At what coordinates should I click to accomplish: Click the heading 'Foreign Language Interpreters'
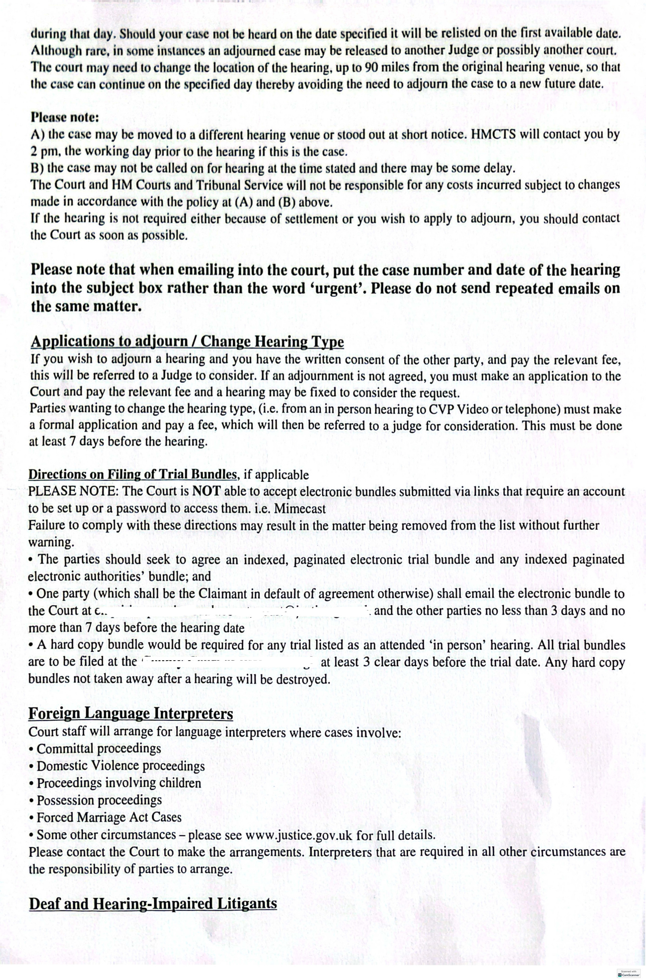[130, 714]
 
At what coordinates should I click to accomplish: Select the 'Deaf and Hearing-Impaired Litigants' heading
[153, 904]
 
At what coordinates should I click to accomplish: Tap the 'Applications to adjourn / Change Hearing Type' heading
[187, 342]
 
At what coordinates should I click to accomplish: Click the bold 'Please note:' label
[65, 118]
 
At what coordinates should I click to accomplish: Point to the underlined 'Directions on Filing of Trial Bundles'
[133, 474]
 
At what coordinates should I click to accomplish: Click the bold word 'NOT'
[208, 491]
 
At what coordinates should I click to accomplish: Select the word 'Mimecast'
[300, 509]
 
